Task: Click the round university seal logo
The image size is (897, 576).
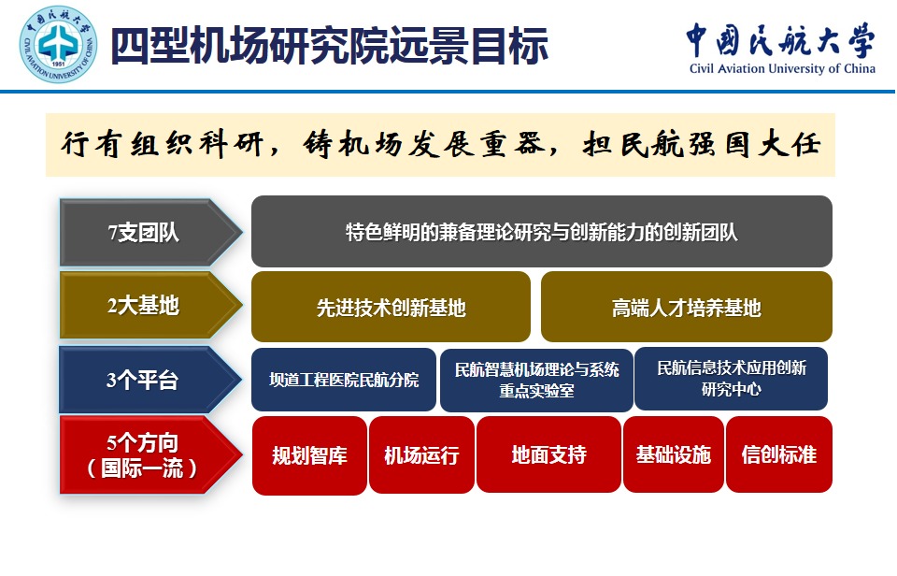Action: tap(58, 44)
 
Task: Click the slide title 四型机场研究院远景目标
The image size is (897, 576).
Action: tap(330, 46)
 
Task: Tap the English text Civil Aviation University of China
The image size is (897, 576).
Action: tap(782, 68)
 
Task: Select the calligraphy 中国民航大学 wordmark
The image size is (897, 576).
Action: tap(781, 40)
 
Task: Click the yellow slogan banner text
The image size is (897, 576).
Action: tap(441, 144)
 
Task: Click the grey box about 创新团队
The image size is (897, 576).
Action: tap(542, 231)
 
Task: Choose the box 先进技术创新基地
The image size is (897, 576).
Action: tap(391, 307)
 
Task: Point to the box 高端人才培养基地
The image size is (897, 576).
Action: tap(687, 307)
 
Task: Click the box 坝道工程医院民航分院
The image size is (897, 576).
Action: tap(344, 380)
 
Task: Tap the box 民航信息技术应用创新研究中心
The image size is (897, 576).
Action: tap(731, 379)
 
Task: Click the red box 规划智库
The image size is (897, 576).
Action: tap(309, 455)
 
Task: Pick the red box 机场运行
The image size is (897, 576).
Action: tap(421, 455)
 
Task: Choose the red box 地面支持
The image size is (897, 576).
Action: tap(548, 454)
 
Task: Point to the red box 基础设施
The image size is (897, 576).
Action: tap(674, 454)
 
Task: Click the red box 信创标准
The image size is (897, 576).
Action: tap(779, 454)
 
